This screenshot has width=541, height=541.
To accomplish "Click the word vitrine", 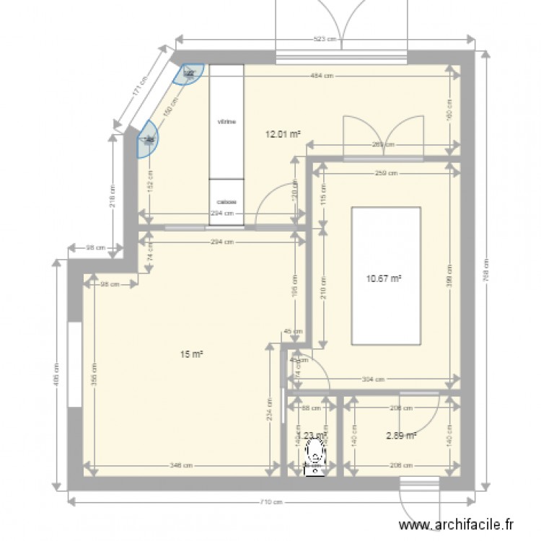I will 227,122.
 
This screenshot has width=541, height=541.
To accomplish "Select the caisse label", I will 227,203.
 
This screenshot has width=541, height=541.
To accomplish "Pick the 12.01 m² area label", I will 283,133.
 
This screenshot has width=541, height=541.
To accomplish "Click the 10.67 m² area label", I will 384,279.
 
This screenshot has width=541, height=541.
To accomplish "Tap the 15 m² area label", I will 192,353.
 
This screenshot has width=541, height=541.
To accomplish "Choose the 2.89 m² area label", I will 402,435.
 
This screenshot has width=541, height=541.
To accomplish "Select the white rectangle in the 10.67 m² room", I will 385,276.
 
